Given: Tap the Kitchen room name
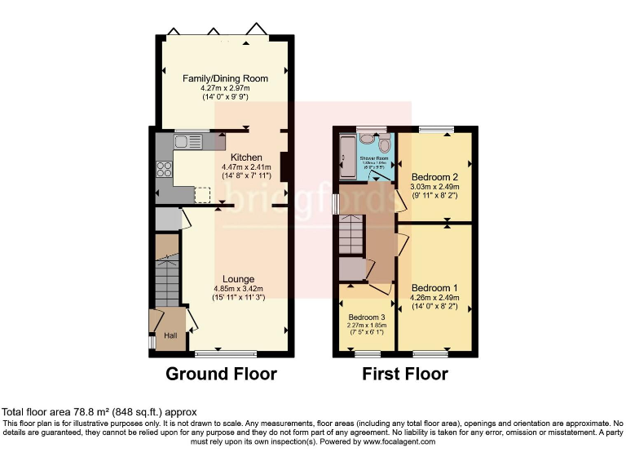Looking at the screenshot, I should click(x=246, y=157).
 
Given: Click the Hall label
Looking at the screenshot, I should click(x=170, y=335).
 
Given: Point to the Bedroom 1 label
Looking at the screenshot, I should click(x=434, y=288).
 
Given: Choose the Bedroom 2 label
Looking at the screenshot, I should click(x=434, y=177).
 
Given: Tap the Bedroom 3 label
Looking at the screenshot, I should click(x=366, y=317).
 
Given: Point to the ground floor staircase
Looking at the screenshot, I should click(x=167, y=281).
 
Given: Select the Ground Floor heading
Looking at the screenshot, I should click(x=221, y=375).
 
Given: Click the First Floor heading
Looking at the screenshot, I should click(x=405, y=375).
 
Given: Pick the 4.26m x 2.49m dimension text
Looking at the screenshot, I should click(x=434, y=298).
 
